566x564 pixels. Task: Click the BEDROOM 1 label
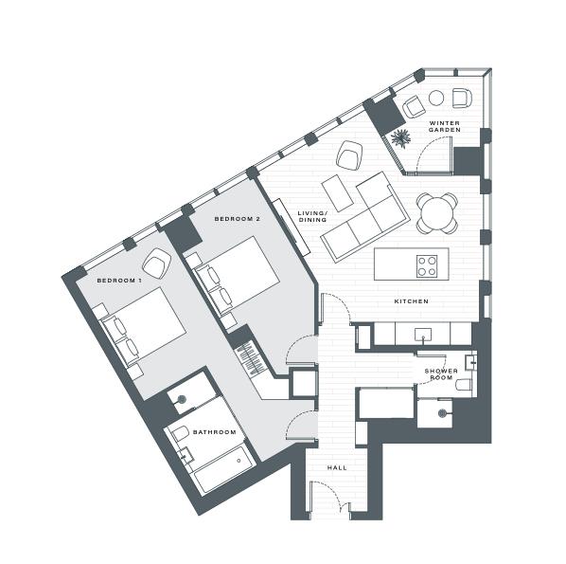click(119, 282)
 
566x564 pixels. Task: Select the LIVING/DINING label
click(312, 217)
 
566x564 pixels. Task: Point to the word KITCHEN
click(412, 301)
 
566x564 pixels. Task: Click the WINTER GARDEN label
click(445, 128)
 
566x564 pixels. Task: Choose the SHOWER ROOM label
click(441, 374)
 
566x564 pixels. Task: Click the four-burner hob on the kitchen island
click(427, 265)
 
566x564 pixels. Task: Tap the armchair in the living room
click(349, 154)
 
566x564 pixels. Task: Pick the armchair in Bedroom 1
click(154, 262)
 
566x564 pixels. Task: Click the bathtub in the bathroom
click(222, 470)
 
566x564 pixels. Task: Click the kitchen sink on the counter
click(422, 334)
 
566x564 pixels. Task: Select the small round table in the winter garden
click(436, 98)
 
